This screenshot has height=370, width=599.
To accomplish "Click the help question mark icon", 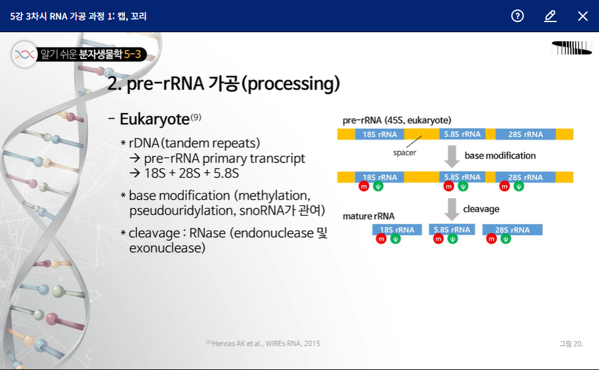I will [518, 16].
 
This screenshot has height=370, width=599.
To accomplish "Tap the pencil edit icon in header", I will [550, 16].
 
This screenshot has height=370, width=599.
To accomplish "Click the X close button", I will [583, 16].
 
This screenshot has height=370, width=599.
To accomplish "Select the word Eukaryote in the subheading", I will [154, 119].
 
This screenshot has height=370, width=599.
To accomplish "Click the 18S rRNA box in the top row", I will [379, 134].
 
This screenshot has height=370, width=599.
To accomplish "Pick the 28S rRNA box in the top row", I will [525, 134].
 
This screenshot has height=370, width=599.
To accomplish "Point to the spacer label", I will [404, 152].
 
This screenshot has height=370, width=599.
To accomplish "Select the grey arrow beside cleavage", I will [451, 209].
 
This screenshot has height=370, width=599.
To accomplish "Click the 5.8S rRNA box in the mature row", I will [452, 230].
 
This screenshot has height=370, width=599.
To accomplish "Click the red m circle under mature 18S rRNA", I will [381, 239].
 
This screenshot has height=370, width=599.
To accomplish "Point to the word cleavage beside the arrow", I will [481, 208].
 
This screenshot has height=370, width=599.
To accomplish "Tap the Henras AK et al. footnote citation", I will [266, 343].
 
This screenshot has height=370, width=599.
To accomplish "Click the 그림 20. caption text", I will [571, 343].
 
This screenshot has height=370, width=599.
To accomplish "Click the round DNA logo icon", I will [25, 55].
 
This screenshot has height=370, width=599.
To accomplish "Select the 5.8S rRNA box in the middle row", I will [462, 177].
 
